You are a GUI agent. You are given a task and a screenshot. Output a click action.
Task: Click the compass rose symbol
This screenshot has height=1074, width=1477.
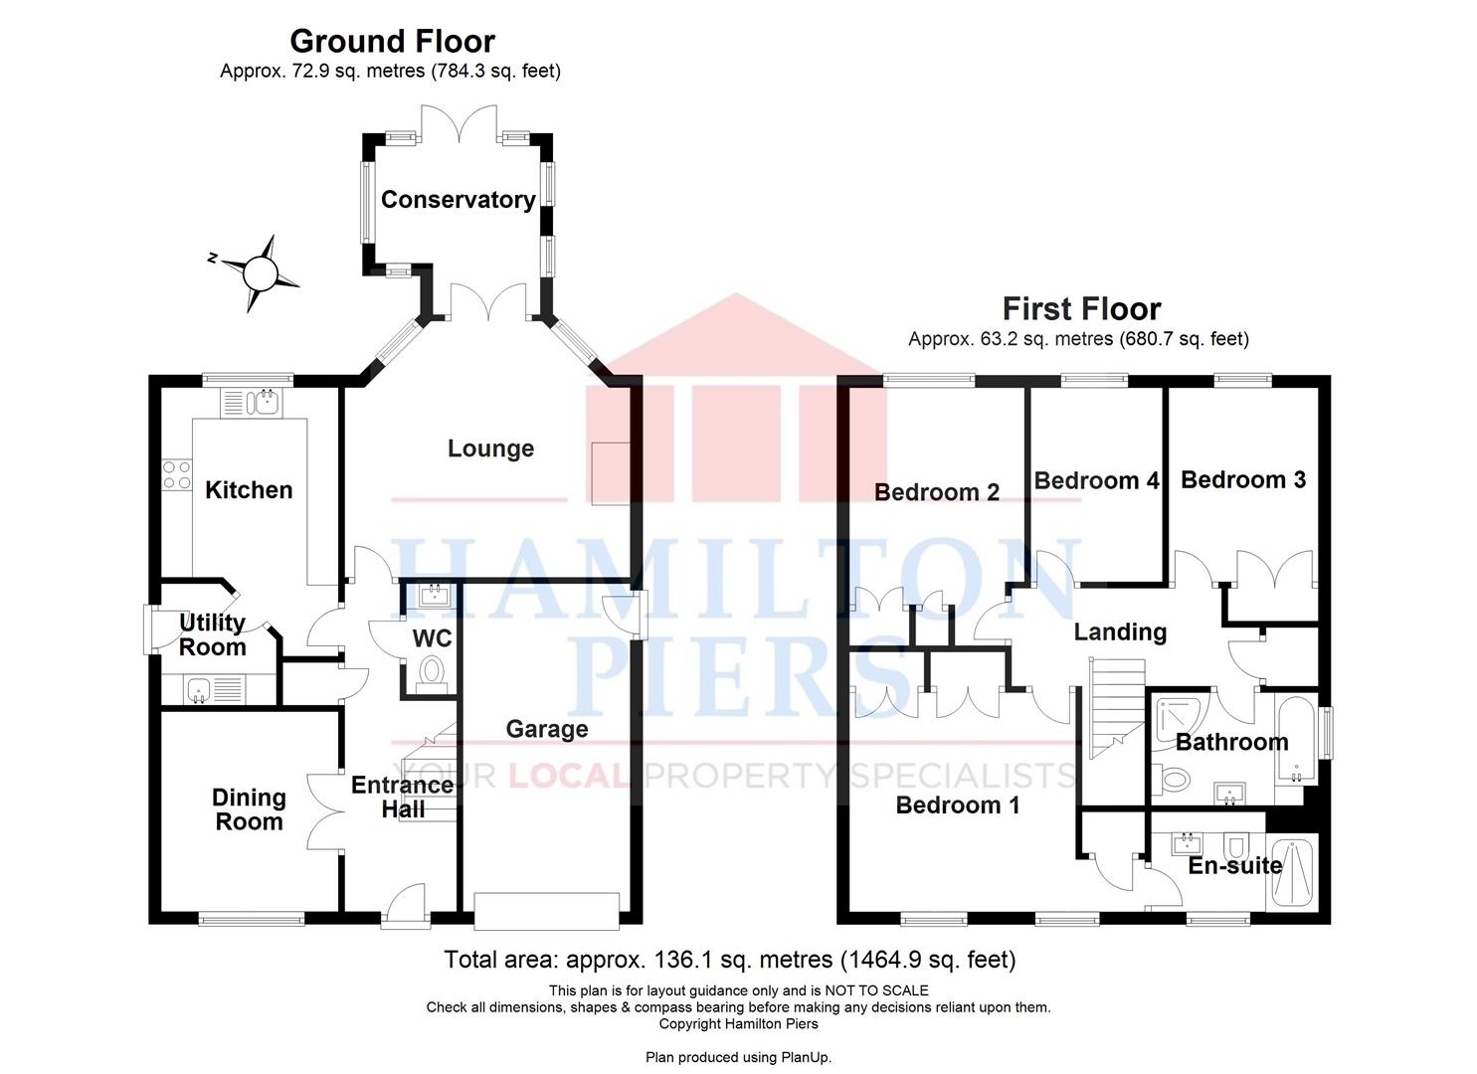pos(260,271)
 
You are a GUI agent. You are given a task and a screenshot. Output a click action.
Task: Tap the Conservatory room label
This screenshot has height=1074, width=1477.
pos(458,200)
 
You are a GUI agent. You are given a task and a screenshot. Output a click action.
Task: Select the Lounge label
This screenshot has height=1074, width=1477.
pos(490,448)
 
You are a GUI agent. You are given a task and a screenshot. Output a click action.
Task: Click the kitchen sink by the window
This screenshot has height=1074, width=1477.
pos(265,403)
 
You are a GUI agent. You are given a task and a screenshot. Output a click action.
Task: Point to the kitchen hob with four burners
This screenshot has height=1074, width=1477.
pos(177,475)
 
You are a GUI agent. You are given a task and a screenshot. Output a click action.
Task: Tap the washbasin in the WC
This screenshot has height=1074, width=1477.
pos(435,596)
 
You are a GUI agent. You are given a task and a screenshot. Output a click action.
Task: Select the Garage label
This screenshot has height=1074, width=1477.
pos(547,729)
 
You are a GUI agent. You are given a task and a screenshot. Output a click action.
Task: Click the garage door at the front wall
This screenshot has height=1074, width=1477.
pos(546,911)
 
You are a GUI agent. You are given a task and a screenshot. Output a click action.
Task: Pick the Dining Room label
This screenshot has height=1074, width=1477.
pos(249,809)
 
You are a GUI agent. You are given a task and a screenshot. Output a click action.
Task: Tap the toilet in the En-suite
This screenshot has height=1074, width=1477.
pos(1237,846)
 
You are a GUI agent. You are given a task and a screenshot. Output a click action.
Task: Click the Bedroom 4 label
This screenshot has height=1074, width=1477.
pos(1096,481)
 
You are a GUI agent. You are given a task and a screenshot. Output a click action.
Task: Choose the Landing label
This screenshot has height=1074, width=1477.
pos(1120,632)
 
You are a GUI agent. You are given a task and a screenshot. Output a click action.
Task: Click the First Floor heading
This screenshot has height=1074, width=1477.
pos(1081,309)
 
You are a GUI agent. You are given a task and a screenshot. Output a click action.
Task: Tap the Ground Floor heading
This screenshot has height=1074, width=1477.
pos(392,42)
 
